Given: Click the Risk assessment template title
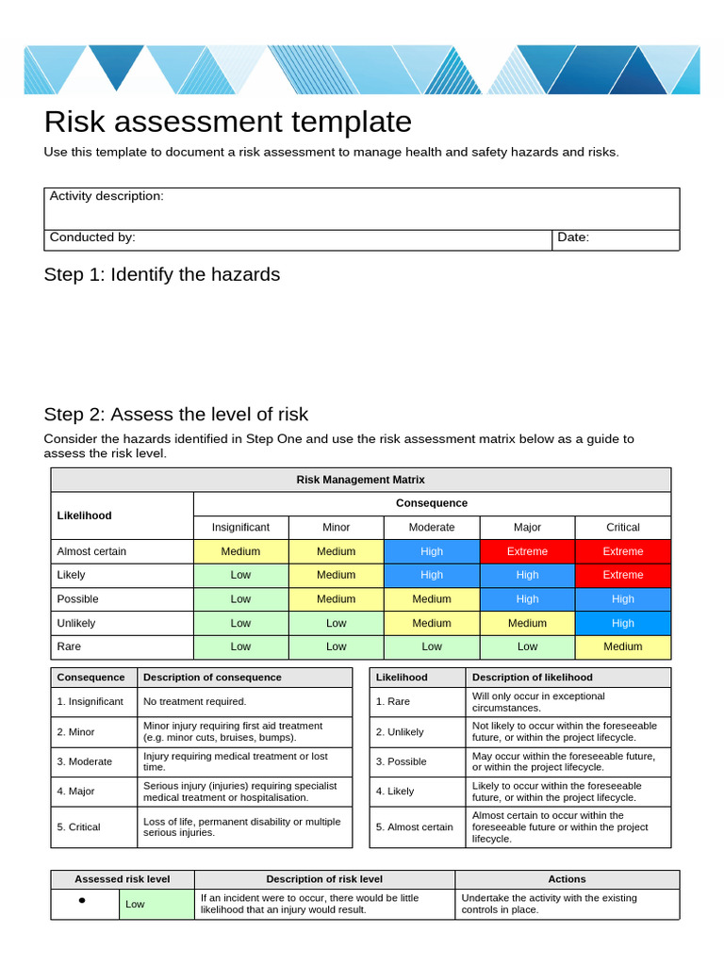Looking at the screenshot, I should point(227,123).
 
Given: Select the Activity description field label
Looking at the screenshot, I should point(107,196).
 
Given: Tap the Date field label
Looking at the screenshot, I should point(573,237).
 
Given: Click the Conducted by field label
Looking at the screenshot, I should point(92,237).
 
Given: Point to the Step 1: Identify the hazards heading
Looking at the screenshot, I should point(162,274).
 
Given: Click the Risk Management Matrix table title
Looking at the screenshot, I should point(360,480).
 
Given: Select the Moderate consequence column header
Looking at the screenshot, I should point(432,528).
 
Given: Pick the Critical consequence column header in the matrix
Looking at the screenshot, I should point(622,528).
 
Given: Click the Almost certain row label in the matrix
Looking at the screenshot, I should point(91,551).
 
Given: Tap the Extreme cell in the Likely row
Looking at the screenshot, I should point(622,575).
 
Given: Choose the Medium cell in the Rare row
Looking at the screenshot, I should point(622,646).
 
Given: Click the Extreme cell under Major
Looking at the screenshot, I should point(527,551).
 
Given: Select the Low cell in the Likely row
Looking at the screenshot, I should point(240,575).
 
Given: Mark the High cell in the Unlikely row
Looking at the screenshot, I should point(622,623).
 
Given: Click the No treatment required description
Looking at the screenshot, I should point(194,701).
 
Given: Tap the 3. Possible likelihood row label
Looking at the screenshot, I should point(401,761).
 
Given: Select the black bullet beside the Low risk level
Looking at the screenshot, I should point(82,901).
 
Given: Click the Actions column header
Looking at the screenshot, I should point(567,879).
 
